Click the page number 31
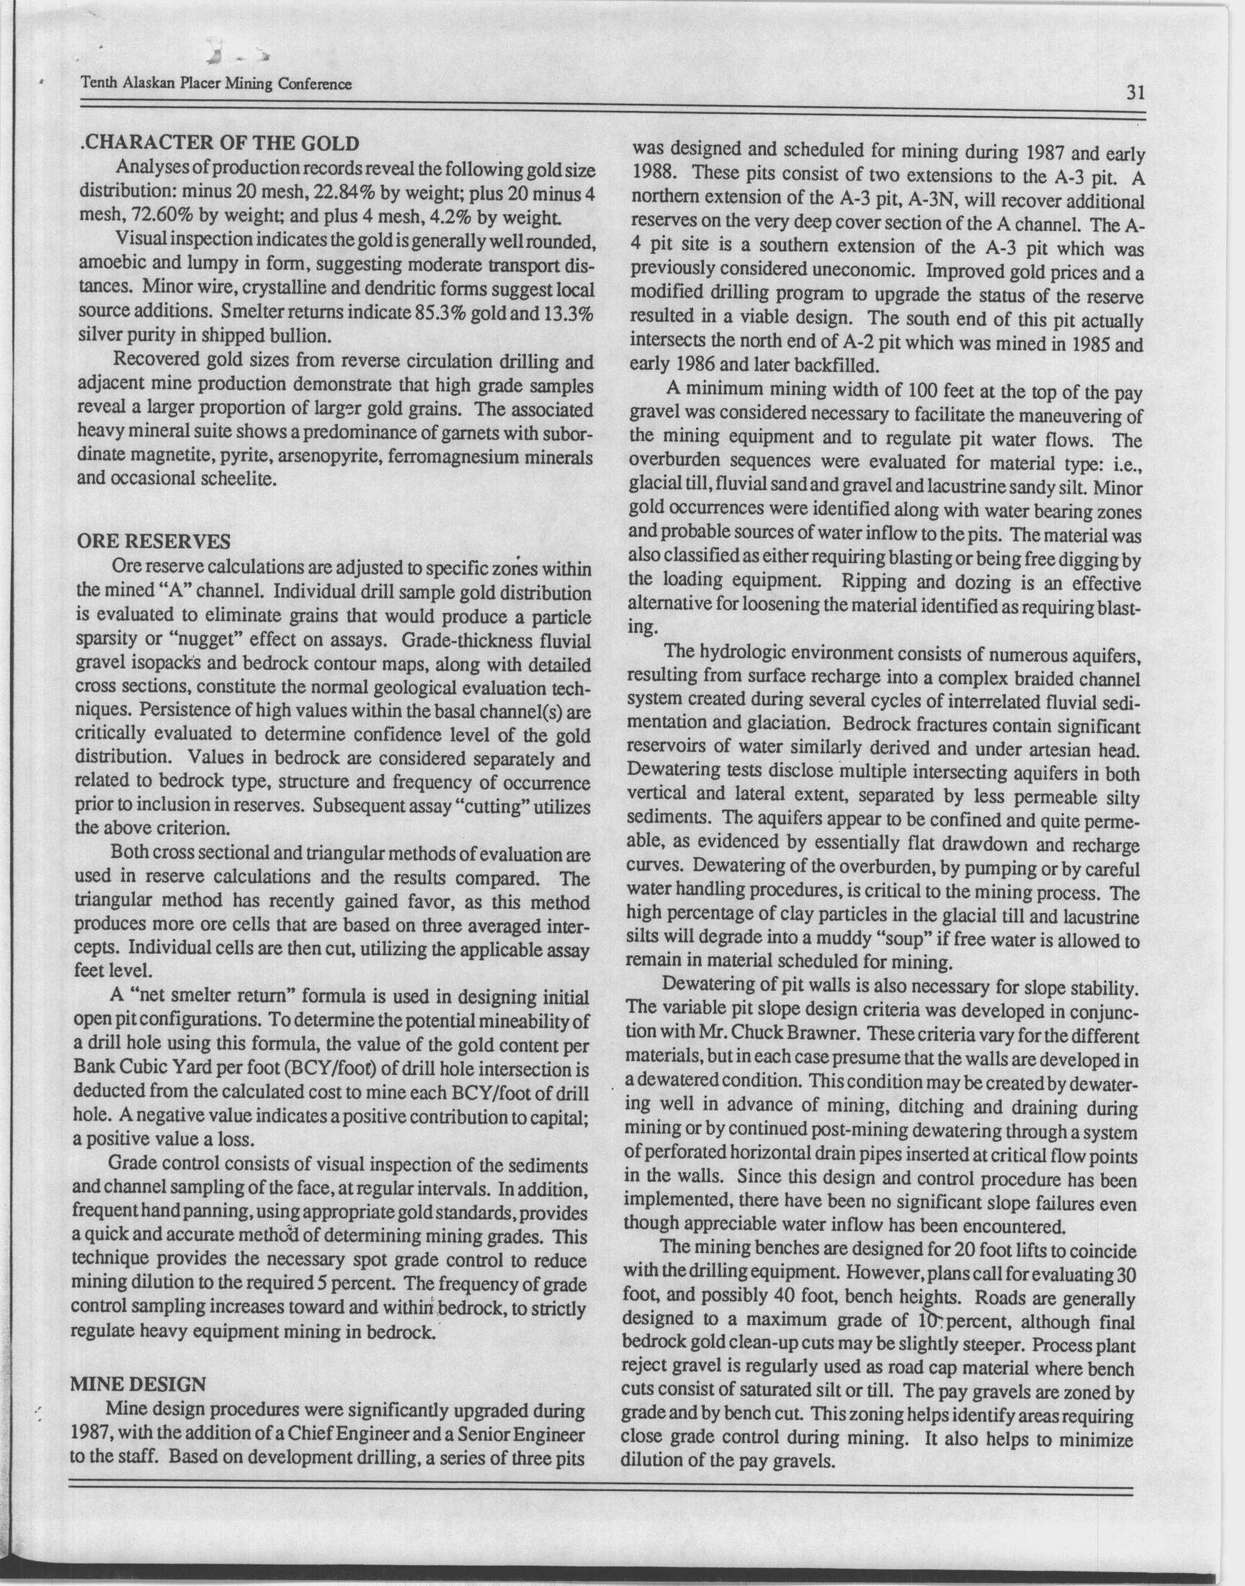tap(1135, 93)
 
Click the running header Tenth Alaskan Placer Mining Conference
tap(216, 84)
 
